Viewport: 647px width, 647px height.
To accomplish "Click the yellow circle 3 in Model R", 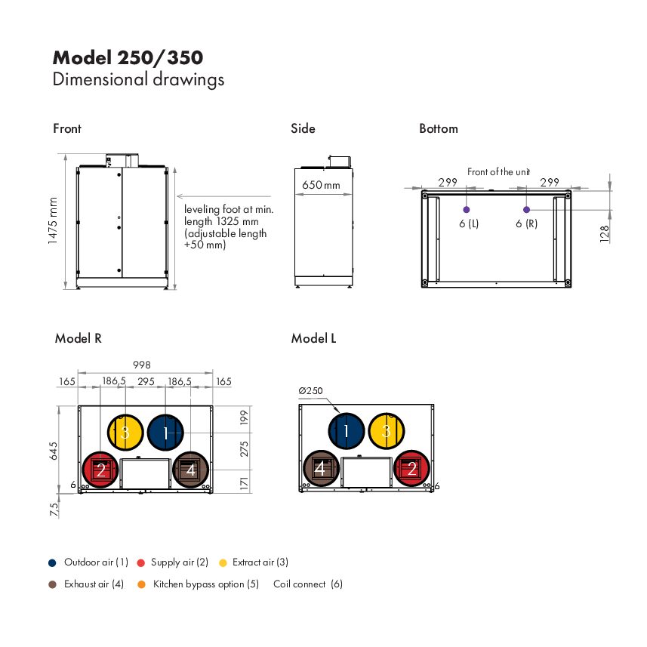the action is point(125,432).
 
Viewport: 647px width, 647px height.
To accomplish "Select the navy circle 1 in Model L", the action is point(347,431).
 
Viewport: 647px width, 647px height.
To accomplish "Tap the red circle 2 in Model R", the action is point(100,470).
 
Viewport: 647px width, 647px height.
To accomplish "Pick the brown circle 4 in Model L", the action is point(321,468).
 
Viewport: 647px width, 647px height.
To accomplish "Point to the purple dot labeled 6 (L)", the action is point(467,210).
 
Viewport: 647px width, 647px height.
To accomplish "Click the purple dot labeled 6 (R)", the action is point(526,210).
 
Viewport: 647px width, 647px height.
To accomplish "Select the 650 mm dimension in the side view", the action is point(321,185).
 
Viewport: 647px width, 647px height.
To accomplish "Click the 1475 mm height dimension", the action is point(52,220).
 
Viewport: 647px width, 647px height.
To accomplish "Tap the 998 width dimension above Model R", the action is point(141,365).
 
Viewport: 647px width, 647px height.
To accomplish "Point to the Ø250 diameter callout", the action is point(310,391).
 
